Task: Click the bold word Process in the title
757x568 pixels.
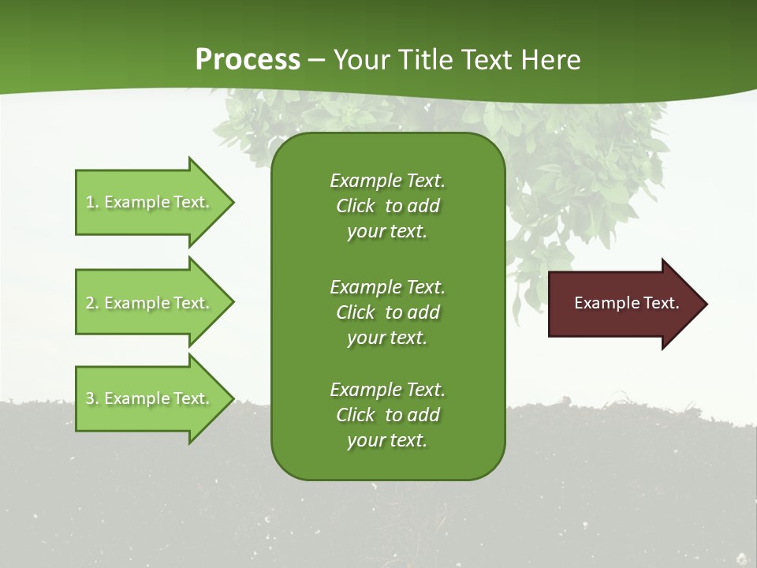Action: click(x=248, y=60)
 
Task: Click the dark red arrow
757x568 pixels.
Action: click(x=623, y=304)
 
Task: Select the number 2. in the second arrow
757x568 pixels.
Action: click(x=92, y=303)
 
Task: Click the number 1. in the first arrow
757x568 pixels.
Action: click(x=92, y=202)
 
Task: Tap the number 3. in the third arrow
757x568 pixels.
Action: click(x=92, y=398)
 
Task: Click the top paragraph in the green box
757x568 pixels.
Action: click(x=387, y=206)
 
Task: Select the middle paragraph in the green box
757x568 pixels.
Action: click(x=387, y=312)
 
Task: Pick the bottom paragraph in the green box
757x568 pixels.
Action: click(x=387, y=415)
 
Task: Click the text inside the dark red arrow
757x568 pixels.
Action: click(x=626, y=303)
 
